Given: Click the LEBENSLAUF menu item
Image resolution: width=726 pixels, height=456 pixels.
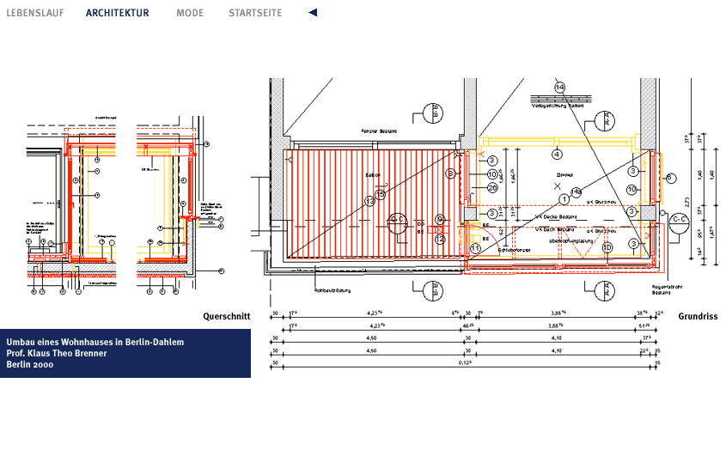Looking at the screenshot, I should tap(34, 13).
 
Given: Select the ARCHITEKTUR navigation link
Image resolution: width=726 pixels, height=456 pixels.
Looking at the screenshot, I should tap(117, 13).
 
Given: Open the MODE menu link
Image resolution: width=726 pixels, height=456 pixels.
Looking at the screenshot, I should tap(190, 13).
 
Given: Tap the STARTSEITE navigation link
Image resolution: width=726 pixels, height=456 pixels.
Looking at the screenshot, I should tap(255, 13).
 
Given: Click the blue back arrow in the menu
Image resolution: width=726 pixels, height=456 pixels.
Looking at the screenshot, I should tap(313, 13).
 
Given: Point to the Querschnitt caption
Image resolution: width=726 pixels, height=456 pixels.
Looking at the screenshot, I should tap(226, 316).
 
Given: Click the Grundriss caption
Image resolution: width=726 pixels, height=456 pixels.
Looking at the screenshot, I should tap(697, 316).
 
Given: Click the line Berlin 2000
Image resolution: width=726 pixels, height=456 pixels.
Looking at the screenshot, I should tap(30, 364).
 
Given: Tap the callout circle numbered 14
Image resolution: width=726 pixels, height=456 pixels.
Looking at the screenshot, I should tap(559, 88).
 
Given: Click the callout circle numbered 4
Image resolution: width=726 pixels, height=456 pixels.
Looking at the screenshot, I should tap(557, 155).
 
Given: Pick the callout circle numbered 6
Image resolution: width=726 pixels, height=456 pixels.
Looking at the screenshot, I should tap(670, 177).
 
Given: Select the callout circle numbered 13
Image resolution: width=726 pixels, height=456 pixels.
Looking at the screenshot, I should tap(370, 201).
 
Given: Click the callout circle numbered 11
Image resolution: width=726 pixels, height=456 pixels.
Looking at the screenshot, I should tap(475, 248).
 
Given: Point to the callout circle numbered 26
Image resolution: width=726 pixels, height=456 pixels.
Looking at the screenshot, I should tap(492, 188).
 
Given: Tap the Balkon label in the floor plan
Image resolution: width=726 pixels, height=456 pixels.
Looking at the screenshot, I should tap(372, 174).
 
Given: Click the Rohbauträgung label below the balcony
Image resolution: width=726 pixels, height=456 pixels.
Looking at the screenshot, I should tap(332, 289).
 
